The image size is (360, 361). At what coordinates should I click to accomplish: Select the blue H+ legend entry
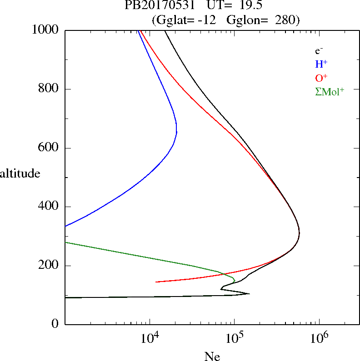(321, 64)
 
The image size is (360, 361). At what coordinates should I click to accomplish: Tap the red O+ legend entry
(321, 78)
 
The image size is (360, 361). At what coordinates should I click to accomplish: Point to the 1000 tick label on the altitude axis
(46, 30)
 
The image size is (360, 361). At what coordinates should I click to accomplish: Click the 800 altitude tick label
(49, 89)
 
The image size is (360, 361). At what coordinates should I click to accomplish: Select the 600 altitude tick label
(49, 148)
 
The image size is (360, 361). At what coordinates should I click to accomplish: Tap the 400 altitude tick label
(49, 207)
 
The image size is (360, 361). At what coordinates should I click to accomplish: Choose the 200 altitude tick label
(49, 266)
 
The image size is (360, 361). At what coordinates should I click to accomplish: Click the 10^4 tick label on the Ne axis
(150, 337)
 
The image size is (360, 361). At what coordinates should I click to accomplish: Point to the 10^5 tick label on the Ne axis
(234, 337)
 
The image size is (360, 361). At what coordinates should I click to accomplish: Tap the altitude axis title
(20, 173)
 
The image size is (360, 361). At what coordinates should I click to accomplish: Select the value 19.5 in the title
(247, 6)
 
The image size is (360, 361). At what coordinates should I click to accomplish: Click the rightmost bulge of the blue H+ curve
(176, 132)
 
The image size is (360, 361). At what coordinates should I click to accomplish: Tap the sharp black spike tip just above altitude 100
(249, 293)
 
